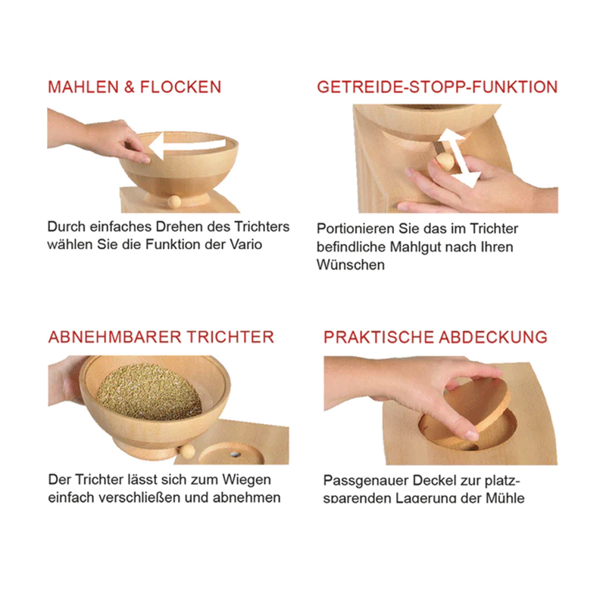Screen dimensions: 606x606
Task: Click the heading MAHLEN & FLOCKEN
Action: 135,87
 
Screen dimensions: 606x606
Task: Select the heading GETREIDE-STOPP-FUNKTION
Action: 437,87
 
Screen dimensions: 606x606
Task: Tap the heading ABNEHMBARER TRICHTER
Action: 161,337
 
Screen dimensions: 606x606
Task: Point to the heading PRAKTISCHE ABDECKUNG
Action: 436,337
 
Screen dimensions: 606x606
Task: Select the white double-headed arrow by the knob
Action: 459,158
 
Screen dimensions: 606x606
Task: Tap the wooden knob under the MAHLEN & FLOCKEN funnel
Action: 174,201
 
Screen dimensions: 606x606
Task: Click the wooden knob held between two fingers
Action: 445,161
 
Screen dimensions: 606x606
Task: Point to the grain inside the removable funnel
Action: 149,392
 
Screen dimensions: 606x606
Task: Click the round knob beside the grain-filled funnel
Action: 187,451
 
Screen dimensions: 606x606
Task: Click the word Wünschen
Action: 351,264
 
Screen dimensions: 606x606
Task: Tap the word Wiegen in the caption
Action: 246,479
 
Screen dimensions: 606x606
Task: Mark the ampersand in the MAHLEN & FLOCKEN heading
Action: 129,87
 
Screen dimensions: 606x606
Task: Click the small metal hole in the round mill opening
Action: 235,454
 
